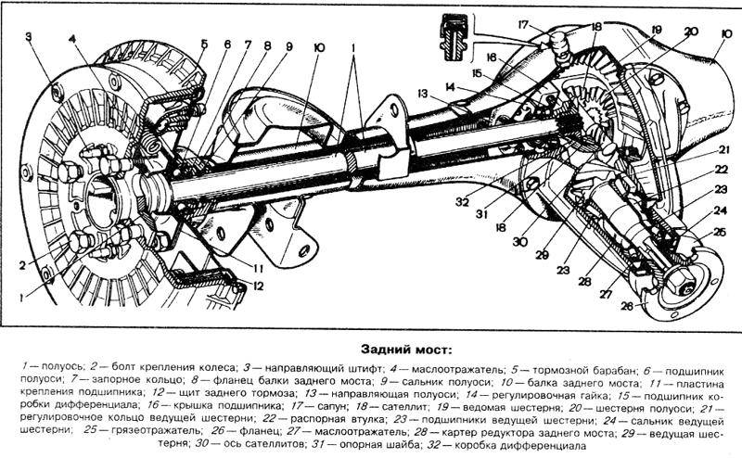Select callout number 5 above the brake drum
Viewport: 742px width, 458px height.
pyautogui.click(x=203, y=44)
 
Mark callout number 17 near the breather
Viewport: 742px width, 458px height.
pyautogui.click(x=523, y=25)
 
